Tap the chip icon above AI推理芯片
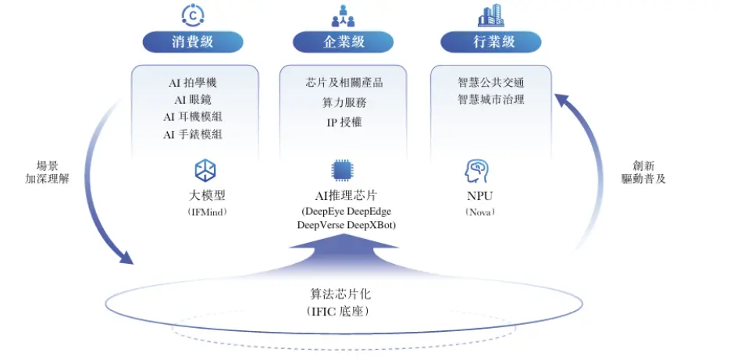pos(342,170)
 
